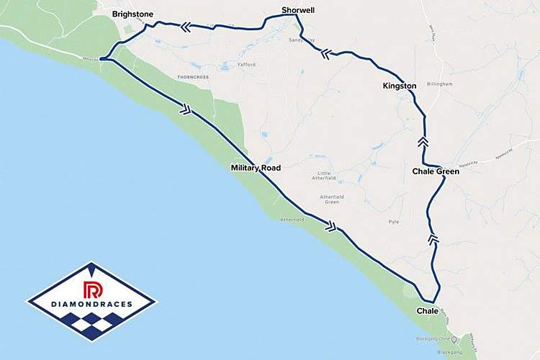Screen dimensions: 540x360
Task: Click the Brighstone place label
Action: tap(132, 14)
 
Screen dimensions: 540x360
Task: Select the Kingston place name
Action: tap(400, 86)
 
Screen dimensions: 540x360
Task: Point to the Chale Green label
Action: tap(436, 171)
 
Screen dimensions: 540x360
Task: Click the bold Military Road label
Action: tap(255, 168)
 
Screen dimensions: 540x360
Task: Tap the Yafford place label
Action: tap(246, 65)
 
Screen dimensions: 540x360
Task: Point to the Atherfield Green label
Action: tap(332, 199)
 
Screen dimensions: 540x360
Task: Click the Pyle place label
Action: tap(393, 221)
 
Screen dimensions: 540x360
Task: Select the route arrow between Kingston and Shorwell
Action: tap(328, 52)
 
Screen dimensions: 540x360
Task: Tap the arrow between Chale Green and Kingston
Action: tap(423, 142)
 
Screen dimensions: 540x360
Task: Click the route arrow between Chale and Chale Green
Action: tap(433, 238)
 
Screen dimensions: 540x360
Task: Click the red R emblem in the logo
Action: tap(91, 290)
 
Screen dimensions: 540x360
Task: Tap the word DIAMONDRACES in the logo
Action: tap(91, 305)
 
